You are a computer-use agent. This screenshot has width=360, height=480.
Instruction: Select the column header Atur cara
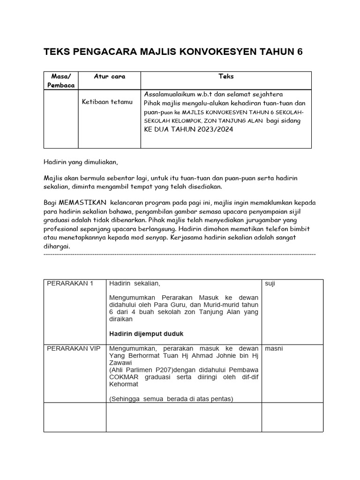(109, 76)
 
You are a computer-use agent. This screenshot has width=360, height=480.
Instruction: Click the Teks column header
(226, 76)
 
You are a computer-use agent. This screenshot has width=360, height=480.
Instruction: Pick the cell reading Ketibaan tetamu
(107, 102)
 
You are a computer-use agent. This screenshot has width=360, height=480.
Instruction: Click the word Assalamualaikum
(170, 94)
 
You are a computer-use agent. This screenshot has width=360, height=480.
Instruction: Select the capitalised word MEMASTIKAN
(82, 202)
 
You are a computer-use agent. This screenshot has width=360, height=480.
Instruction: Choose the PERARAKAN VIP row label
(73, 349)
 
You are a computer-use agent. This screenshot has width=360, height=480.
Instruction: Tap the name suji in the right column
(270, 284)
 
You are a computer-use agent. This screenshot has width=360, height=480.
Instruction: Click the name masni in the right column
(274, 349)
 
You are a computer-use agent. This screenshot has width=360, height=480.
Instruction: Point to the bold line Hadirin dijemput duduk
(147, 334)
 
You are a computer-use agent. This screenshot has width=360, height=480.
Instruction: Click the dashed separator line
(179, 254)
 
